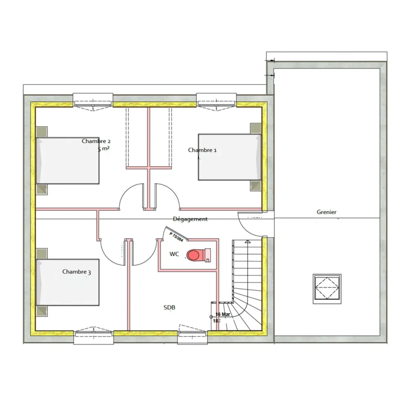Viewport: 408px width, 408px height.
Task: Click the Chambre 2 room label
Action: click(x=96, y=141)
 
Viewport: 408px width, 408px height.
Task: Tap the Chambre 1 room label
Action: click(x=202, y=150)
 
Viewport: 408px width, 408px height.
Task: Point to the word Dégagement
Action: click(x=190, y=219)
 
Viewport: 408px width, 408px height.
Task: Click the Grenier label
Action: click(x=326, y=212)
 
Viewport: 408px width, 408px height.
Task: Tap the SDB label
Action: click(x=169, y=308)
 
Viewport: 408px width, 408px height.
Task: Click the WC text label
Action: click(x=174, y=254)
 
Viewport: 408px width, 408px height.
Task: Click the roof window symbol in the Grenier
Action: click(x=327, y=288)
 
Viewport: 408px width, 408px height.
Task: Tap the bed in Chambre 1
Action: click(x=230, y=157)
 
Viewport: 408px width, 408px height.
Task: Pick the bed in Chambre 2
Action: click(x=68, y=160)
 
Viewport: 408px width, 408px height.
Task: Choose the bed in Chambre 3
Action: click(x=68, y=282)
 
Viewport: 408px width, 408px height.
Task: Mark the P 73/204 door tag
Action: click(x=176, y=236)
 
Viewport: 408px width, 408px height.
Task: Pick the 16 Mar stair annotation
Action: click(x=223, y=315)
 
